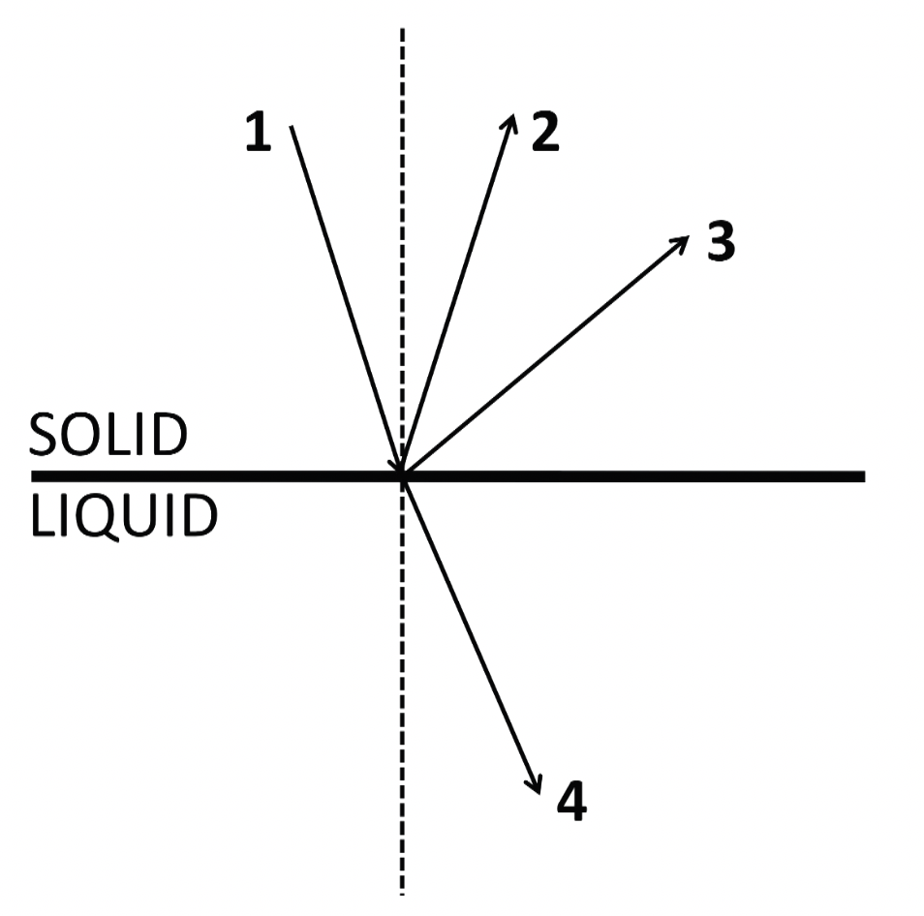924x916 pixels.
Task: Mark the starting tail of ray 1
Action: pos(291,127)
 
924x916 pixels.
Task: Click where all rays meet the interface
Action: pos(402,475)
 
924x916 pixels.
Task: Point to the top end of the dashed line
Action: pos(402,29)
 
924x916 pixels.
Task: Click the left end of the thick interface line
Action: pos(33,475)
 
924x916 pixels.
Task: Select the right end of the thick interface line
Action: pos(862,475)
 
